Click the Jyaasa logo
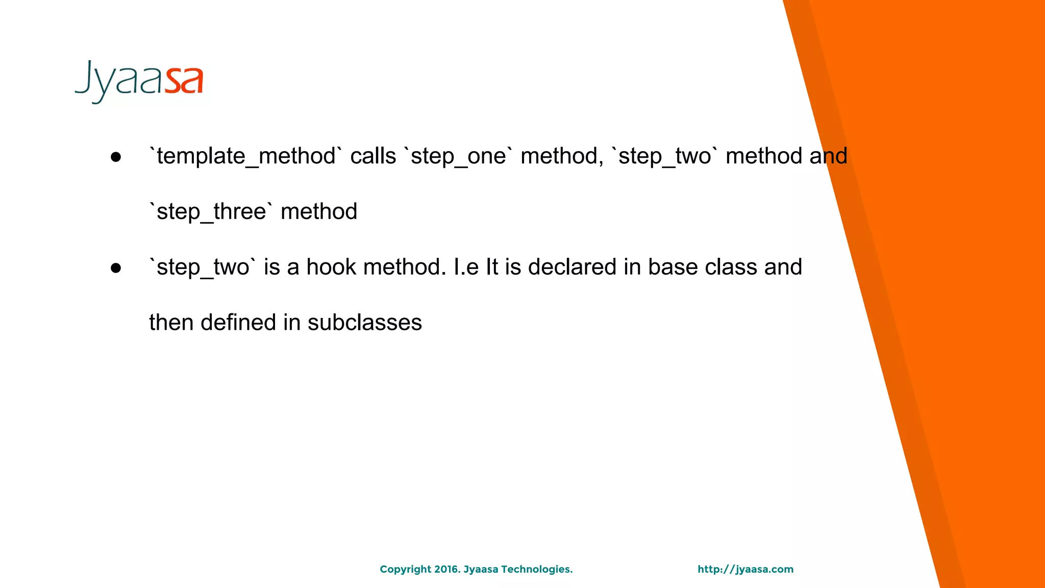(x=139, y=82)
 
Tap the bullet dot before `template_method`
(x=116, y=157)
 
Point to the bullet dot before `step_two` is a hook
(x=116, y=268)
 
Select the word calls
(x=373, y=156)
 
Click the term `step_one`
(x=458, y=156)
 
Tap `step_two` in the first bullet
(x=665, y=156)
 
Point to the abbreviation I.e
(x=466, y=267)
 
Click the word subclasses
(x=365, y=323)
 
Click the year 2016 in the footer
(x=447, y=569)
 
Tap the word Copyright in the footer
(x=405, y=570)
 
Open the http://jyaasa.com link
(x=745, y=570)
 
